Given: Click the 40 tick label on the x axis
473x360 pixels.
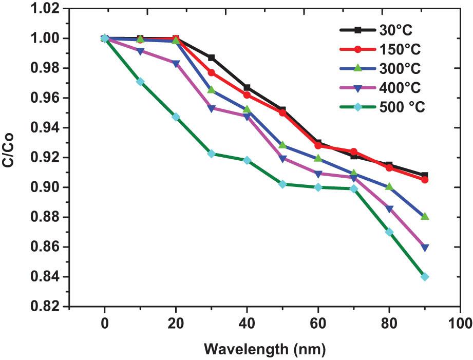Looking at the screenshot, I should pos(247,323).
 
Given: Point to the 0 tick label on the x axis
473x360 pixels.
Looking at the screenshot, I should pos(105,323).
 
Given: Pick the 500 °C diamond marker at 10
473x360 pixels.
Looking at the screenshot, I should pos(140,82).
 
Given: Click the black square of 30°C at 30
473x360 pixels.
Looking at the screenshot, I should pos(211,58).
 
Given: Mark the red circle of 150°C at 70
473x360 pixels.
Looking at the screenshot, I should pos(353,151).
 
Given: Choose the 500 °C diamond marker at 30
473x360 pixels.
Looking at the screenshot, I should pos(211,154).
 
